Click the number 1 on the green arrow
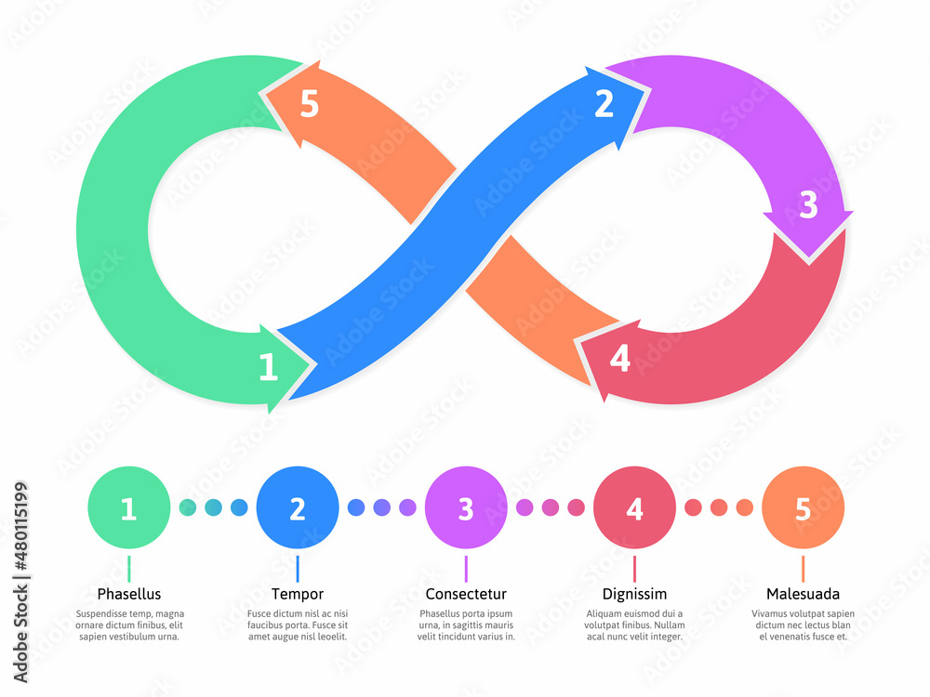click(268, 368)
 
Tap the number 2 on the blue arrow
click(604, 104)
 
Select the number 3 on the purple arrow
click(808, 205)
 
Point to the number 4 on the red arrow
click(619, 359)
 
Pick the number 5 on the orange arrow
click(309, 105)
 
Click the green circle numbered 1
click(128, 508)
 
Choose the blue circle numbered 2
click(298, 508)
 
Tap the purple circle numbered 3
click(466, 508)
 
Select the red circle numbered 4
click(634, 508)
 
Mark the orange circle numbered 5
click(803, 508)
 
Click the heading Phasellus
click(129, 594)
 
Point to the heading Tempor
click(298, 594)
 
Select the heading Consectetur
click(466, 594)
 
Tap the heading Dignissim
click(634, 594)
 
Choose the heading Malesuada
click(803, 594)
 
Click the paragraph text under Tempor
click(298, 625)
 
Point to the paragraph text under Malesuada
click(803, 625)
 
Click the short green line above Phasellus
click(129, 568)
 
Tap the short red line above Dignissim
click(634, 568)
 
